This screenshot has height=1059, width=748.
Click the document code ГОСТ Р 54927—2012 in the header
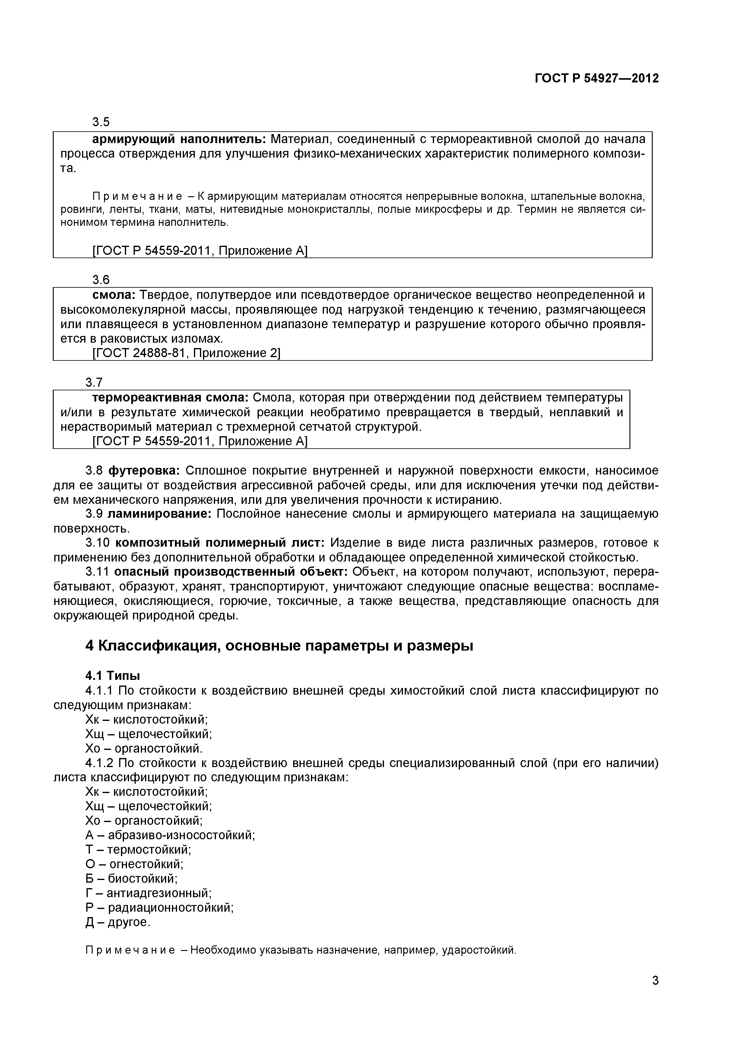coord(596,78)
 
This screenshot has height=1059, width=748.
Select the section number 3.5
coord(101,122)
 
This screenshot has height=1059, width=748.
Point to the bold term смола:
coord(114,295)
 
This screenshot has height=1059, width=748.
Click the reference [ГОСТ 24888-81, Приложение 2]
coord(186,353)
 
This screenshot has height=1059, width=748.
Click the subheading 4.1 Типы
coord(113,676)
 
